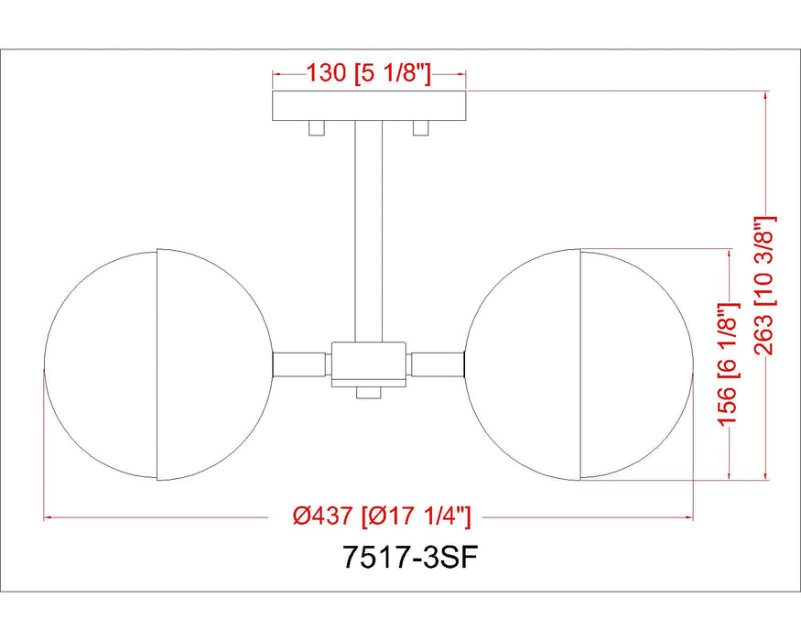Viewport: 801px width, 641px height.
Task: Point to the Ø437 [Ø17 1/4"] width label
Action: [x=383, y=517]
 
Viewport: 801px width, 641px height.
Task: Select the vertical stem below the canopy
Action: [x=369, y=229]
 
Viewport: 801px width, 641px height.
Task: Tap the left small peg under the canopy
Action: [x=317, y=128]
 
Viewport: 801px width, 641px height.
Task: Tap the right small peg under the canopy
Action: [x=421, y=128]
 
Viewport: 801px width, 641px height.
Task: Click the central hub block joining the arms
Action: [x=369, y=363]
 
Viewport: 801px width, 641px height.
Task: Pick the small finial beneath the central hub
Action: [x=369, y=392]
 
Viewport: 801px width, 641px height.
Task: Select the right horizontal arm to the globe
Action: [x=438, y=364]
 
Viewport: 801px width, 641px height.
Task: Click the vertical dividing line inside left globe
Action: [x=157, y=364]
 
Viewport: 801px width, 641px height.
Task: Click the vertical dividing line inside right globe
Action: [x=580, y=364]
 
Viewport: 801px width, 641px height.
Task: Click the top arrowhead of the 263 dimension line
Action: [x=766, y=95]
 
